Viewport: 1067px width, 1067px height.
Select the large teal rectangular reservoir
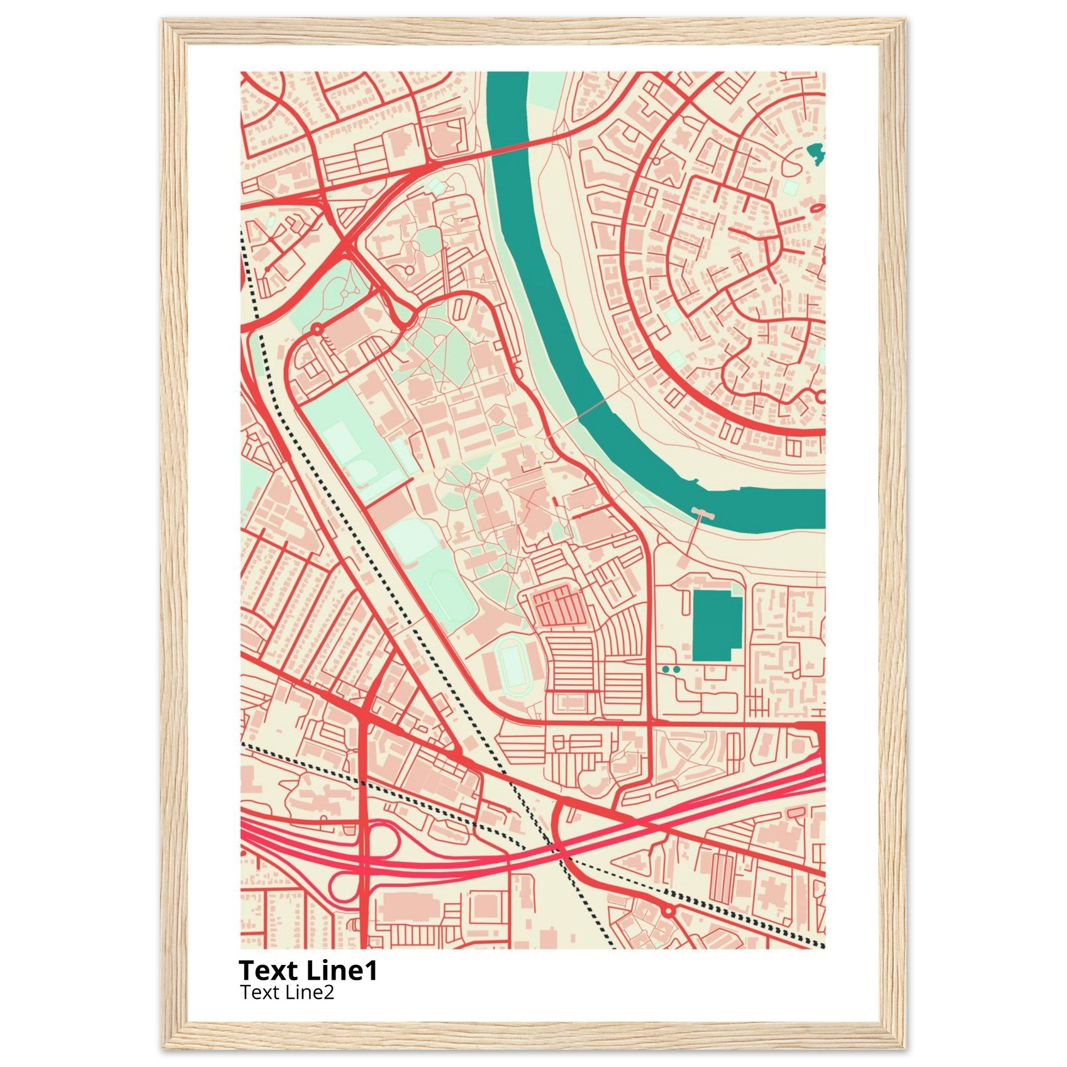[716, 625]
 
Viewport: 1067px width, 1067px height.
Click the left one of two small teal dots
[665, 669]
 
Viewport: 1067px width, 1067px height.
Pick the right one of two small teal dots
[677, 669]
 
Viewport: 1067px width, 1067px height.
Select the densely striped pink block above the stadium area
[558, 606]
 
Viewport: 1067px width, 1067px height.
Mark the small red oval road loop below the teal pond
[817, 208]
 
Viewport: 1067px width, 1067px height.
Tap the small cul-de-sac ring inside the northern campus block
[408, 269]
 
